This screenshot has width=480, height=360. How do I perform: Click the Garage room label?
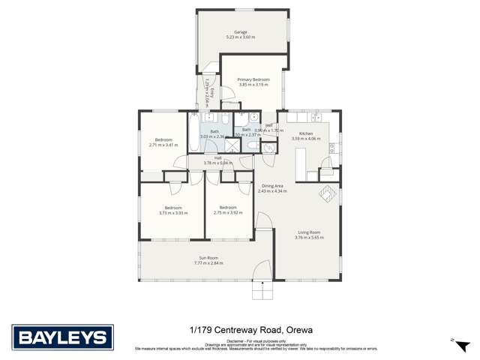pos(241,32)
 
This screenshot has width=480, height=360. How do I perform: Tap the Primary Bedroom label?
pos(253,79)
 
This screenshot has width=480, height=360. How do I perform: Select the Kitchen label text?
pos(306,133)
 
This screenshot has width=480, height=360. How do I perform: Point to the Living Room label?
pos(309,232)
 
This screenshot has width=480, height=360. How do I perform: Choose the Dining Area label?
pos(272,186)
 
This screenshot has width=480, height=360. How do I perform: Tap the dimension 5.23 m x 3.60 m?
pos(241,37)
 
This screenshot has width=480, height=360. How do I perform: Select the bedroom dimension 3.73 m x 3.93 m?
pos(173,213)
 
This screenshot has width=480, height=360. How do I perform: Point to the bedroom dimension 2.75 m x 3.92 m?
pos(225,213)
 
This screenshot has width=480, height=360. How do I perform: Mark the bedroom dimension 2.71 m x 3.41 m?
pos(163,145)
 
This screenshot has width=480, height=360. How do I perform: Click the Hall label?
pos(217,157)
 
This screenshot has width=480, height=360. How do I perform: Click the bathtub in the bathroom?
pos(194,131)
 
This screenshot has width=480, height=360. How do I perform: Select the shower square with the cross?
pos(233,147)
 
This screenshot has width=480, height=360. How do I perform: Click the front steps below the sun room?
pos(262,289)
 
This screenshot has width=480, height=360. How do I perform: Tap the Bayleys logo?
pos(62,337)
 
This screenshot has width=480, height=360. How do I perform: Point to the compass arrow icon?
pos(454,339)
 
